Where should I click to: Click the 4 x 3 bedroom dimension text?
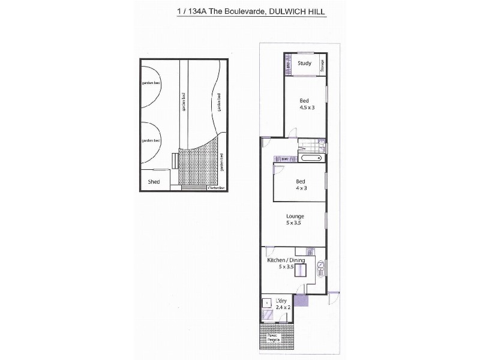[x=301, y=187]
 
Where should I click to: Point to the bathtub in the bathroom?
[x=310, y=158]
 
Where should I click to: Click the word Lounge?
[x=295, y=217]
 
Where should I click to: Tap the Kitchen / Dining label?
[x=286, y=260]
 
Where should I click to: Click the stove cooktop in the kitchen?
[x=310, y=251]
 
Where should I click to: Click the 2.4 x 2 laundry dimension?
[x=282, y=307]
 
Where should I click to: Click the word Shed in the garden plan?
[x=154, y=181]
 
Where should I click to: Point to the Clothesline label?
[x=215, y=188]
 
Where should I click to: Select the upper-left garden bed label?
[x=151, y=83]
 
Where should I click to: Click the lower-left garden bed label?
[x=151, y=140]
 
